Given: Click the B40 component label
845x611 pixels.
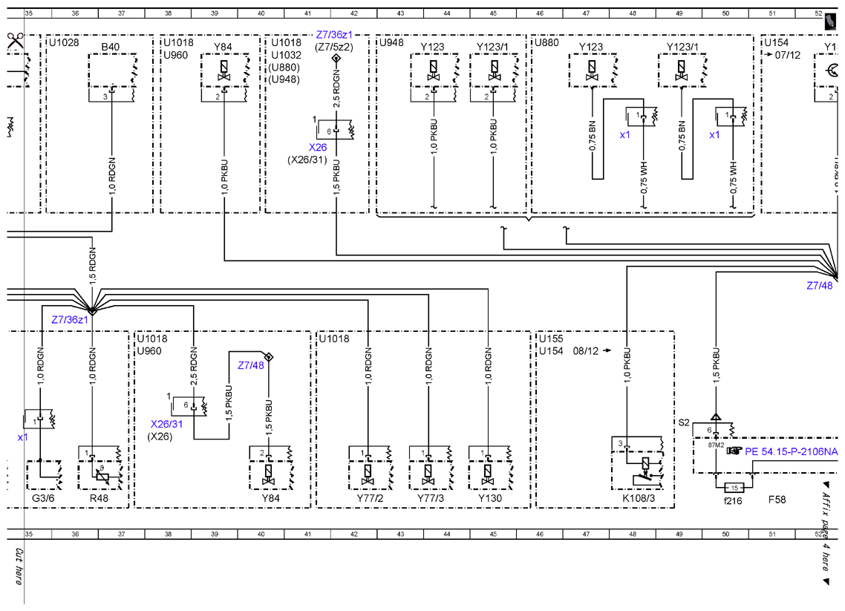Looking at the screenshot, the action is tap(111, 47).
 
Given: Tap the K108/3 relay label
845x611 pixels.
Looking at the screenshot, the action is tap(639, 498).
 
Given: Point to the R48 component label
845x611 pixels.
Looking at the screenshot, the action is tap(99, 498).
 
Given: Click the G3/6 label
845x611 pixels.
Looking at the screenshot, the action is tap(43, 498).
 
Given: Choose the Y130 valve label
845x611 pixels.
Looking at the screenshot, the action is tap(490, 498).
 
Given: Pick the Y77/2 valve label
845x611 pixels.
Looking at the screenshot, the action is tap(371, 498).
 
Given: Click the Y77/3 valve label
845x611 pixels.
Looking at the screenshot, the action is tap(431, 498).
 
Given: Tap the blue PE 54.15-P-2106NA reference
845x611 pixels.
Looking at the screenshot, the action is tap(791, 451).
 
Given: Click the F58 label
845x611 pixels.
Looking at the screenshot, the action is tap(777, 500).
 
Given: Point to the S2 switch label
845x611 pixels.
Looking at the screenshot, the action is tap(684, 422).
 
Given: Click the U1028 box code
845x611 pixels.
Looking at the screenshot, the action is tap(64, 42).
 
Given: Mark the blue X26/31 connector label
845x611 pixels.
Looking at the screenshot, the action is tap(166, 424).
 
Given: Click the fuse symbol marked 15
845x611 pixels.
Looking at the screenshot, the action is tap(734, 488).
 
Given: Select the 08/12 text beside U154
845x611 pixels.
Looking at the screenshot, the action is tap(586, 351).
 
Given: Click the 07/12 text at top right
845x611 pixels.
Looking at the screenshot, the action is tap(788, 55).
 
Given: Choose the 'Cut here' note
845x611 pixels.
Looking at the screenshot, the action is tap(19, 566).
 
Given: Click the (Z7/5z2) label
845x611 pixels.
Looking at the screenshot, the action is tap(334, 47).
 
